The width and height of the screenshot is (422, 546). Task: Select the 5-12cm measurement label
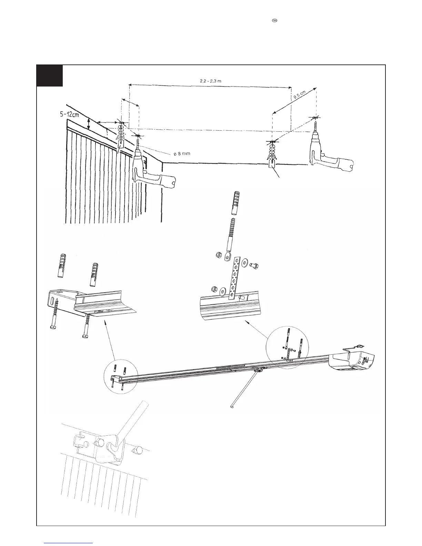click(x=69, y=115)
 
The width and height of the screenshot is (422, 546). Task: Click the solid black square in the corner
click(x=50, y=75)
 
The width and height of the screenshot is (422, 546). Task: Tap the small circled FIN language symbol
click(x=275, y=21)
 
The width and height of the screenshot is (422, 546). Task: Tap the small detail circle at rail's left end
click(x=121, y=378)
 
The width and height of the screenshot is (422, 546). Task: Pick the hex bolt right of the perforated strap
click(x=255, y=266)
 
